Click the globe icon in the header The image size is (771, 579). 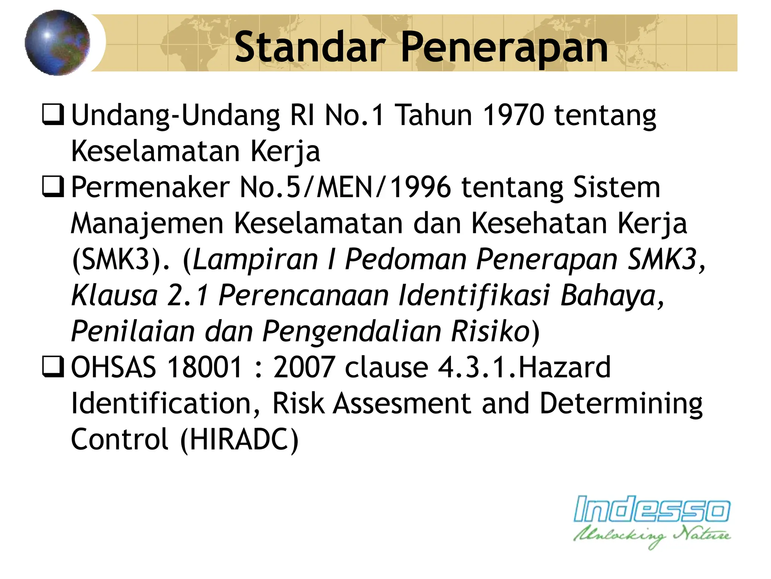pyautogui.click(x=58, y=43)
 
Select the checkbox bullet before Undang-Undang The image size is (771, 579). pyautogui.click(x=53, y=114)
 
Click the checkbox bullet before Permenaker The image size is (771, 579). pyautogui.click(x=53, y=187)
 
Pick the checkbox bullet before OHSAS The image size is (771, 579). pyautogui.click(x=53, y=367)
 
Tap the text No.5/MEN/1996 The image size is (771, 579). pyautogui.click(x=345, y=187)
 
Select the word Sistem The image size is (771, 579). pyautogui.click(x=616, y=187)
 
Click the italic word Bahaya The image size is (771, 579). pyautogui.click(x=608, y=295)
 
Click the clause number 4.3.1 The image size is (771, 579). pyautogui.click(x=472, y=368)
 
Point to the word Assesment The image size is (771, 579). pyautogui.click(x=402, y=404)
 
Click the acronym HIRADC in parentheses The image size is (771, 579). pyautogui.click(x=239, y=440)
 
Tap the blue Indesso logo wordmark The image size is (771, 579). pyautogui.click(x=652, y=510)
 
